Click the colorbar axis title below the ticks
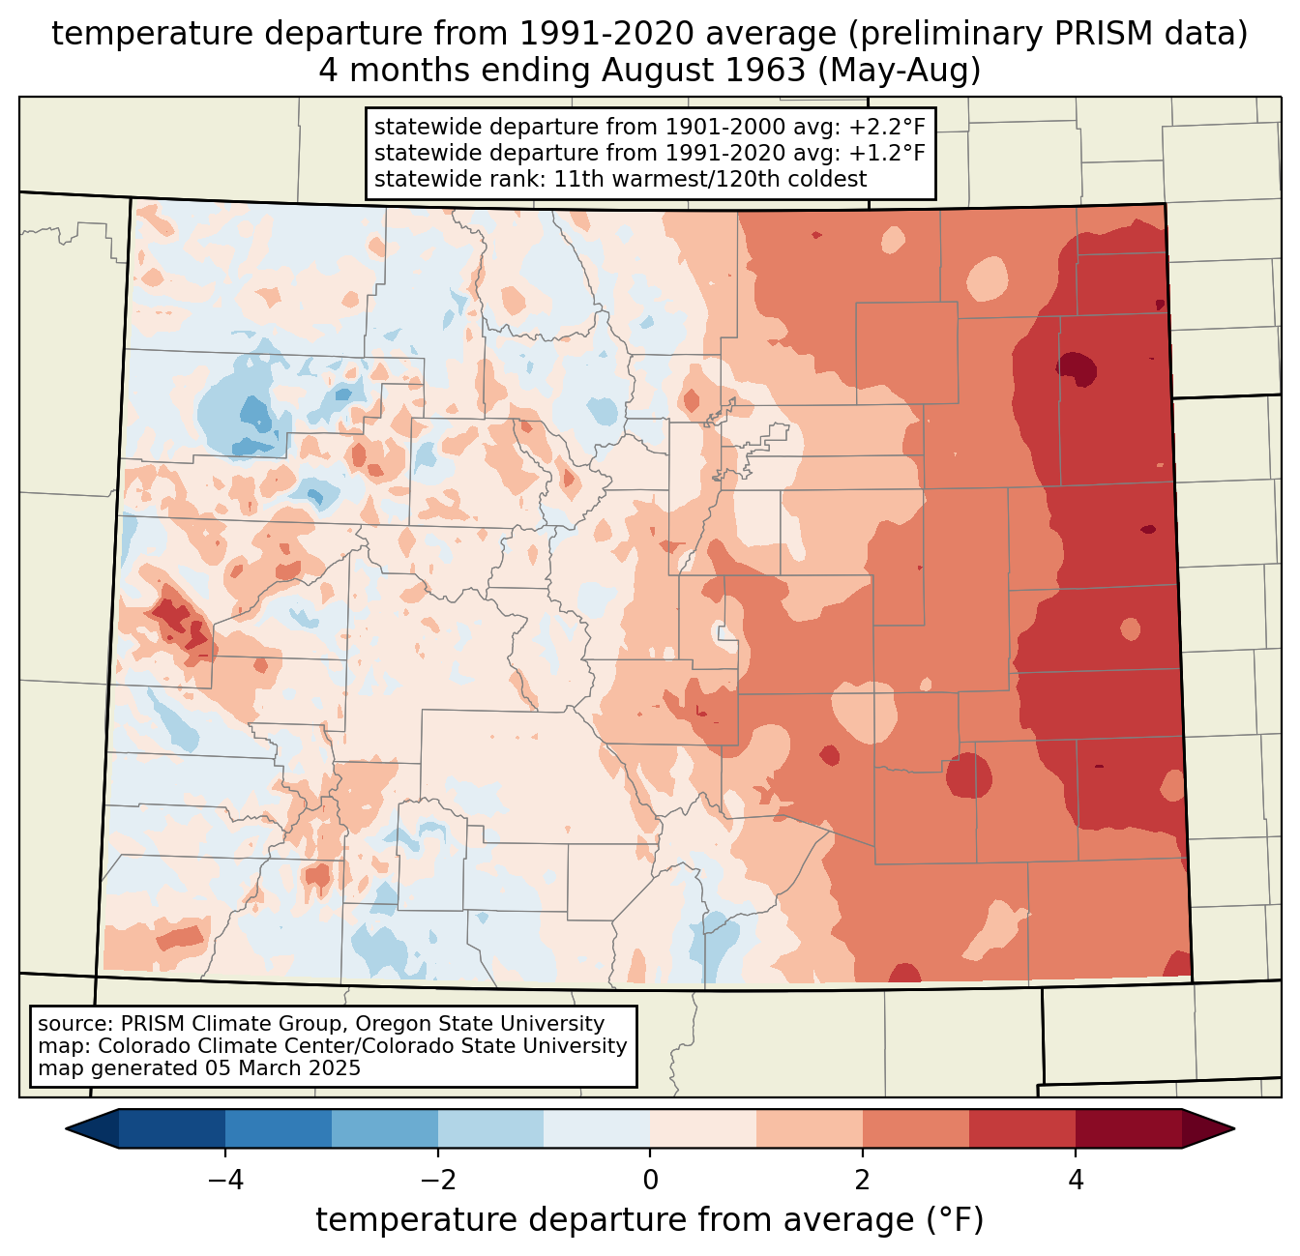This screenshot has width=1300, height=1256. (650, 1220)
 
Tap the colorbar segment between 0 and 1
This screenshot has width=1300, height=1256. (703, 1128)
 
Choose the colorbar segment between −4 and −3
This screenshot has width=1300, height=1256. (279, 1128)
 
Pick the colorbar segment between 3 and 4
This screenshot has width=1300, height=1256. (1022, 1128)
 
